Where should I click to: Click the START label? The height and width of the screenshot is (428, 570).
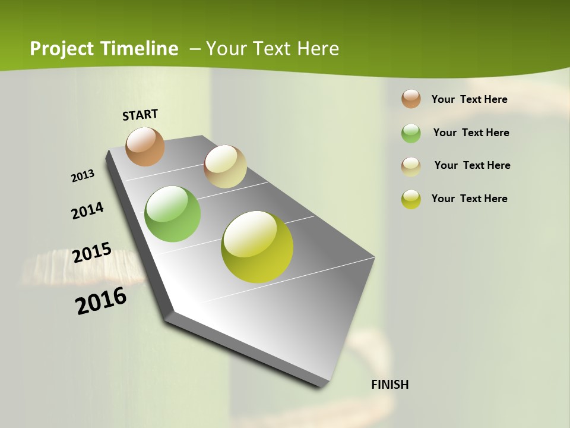pyautogui.click(x=140, y=115)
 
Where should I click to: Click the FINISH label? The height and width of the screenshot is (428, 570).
pyautogui.click(x=389, y=385)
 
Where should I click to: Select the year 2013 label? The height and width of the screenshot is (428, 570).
pyautogui.click(x=83, y=176)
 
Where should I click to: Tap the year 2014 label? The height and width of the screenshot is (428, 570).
pyautogui.click(x=87, y=211)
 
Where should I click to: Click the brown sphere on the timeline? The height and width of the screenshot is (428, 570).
pyautogui.click(x=145, y=146)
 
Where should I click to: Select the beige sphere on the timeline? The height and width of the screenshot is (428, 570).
pyautogui.click(x=225, y=166)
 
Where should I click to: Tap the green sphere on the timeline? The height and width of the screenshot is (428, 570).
pyautogui.click(x=173, y=214)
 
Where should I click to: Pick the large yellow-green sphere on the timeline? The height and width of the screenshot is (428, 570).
pyautogui.click(x=257, y=247)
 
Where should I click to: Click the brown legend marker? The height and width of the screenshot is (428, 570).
pyautogui.click(x=411, y=99)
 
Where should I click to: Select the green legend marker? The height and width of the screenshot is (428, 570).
pyautogui.click(x=411, y=133)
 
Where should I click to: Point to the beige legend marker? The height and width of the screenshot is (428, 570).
pyautogui.click(x=411, y=166)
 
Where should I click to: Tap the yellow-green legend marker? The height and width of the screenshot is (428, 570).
pyautogui.click(x=411, y=199)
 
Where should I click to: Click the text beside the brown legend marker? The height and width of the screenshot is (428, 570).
pyautogui.click(x=469, y=99)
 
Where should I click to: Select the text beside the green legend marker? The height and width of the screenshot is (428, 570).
pyautogui.click(x=471, y=133)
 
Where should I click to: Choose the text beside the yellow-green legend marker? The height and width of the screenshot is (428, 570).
pyautogui.click(x=469, y=199)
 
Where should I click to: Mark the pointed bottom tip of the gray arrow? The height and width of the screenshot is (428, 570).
pyautogui.click(x=324, y=386)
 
